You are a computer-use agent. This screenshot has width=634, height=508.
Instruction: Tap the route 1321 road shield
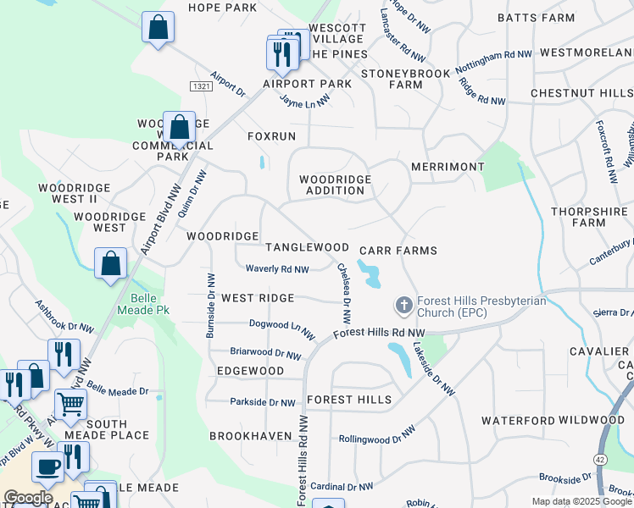click(201, 86)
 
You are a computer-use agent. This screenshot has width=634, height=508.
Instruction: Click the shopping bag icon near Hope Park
click(158, 28)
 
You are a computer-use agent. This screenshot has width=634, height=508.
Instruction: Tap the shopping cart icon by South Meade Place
click(70, 406)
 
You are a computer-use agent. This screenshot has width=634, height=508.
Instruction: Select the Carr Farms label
click(398, 251)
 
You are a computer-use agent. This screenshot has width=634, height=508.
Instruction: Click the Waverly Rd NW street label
click(276, 269)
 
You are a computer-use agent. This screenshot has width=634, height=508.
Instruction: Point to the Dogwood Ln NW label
click(276, 324)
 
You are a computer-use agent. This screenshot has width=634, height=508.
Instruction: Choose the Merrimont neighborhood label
click(447, 168)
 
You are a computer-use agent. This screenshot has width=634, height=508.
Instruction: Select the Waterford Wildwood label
click(553, 420)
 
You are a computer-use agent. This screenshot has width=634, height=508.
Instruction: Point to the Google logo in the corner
click(28, 498)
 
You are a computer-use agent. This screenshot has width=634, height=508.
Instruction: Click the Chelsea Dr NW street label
click(344, 294)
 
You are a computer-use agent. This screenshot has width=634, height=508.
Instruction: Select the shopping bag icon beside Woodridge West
click(111, 263)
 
